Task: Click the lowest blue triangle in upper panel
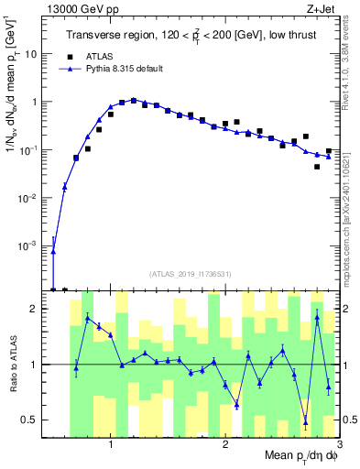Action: [x=53, y=252]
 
